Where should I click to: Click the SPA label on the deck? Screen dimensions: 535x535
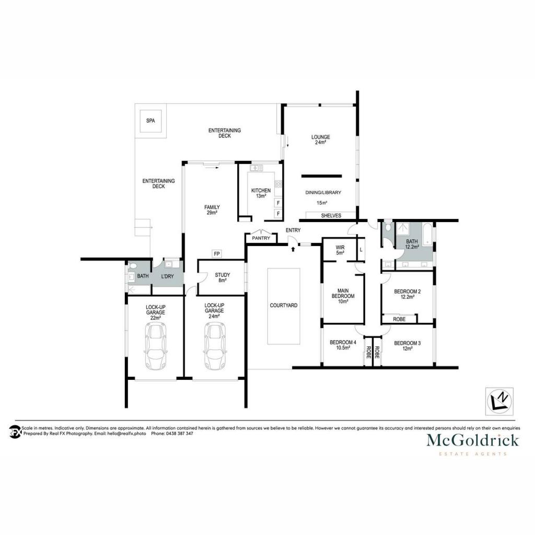click(150, 121)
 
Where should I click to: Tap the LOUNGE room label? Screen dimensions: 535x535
click(320, 137)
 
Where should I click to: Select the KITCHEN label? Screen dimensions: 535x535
click(261, 191)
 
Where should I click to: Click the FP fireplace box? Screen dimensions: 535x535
click(217, 254)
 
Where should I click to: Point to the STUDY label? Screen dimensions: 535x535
click(223, 275)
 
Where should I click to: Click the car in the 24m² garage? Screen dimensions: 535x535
click(215, 346)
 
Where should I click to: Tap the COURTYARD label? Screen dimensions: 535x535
click(284, 305)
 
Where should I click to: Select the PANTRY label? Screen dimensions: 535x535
click(261, 238)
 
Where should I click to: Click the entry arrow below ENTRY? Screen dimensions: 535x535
click(293, 249)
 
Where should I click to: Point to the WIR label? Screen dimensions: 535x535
click(340, 247)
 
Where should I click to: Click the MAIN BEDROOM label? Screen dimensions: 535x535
click(343, 294)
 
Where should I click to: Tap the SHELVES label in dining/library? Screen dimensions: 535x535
click(331, 216)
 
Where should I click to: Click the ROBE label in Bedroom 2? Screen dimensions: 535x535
click(399, 319)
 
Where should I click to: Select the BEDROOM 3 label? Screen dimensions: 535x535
click(408, 343)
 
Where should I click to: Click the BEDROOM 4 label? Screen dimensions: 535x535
click(343, 343)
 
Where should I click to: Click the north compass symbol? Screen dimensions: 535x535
click(499, 401)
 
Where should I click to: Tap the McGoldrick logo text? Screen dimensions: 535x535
click(472, 440)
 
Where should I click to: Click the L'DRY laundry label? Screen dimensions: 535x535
click(167, 276)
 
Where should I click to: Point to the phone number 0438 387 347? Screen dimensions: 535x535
click(180, 434)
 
